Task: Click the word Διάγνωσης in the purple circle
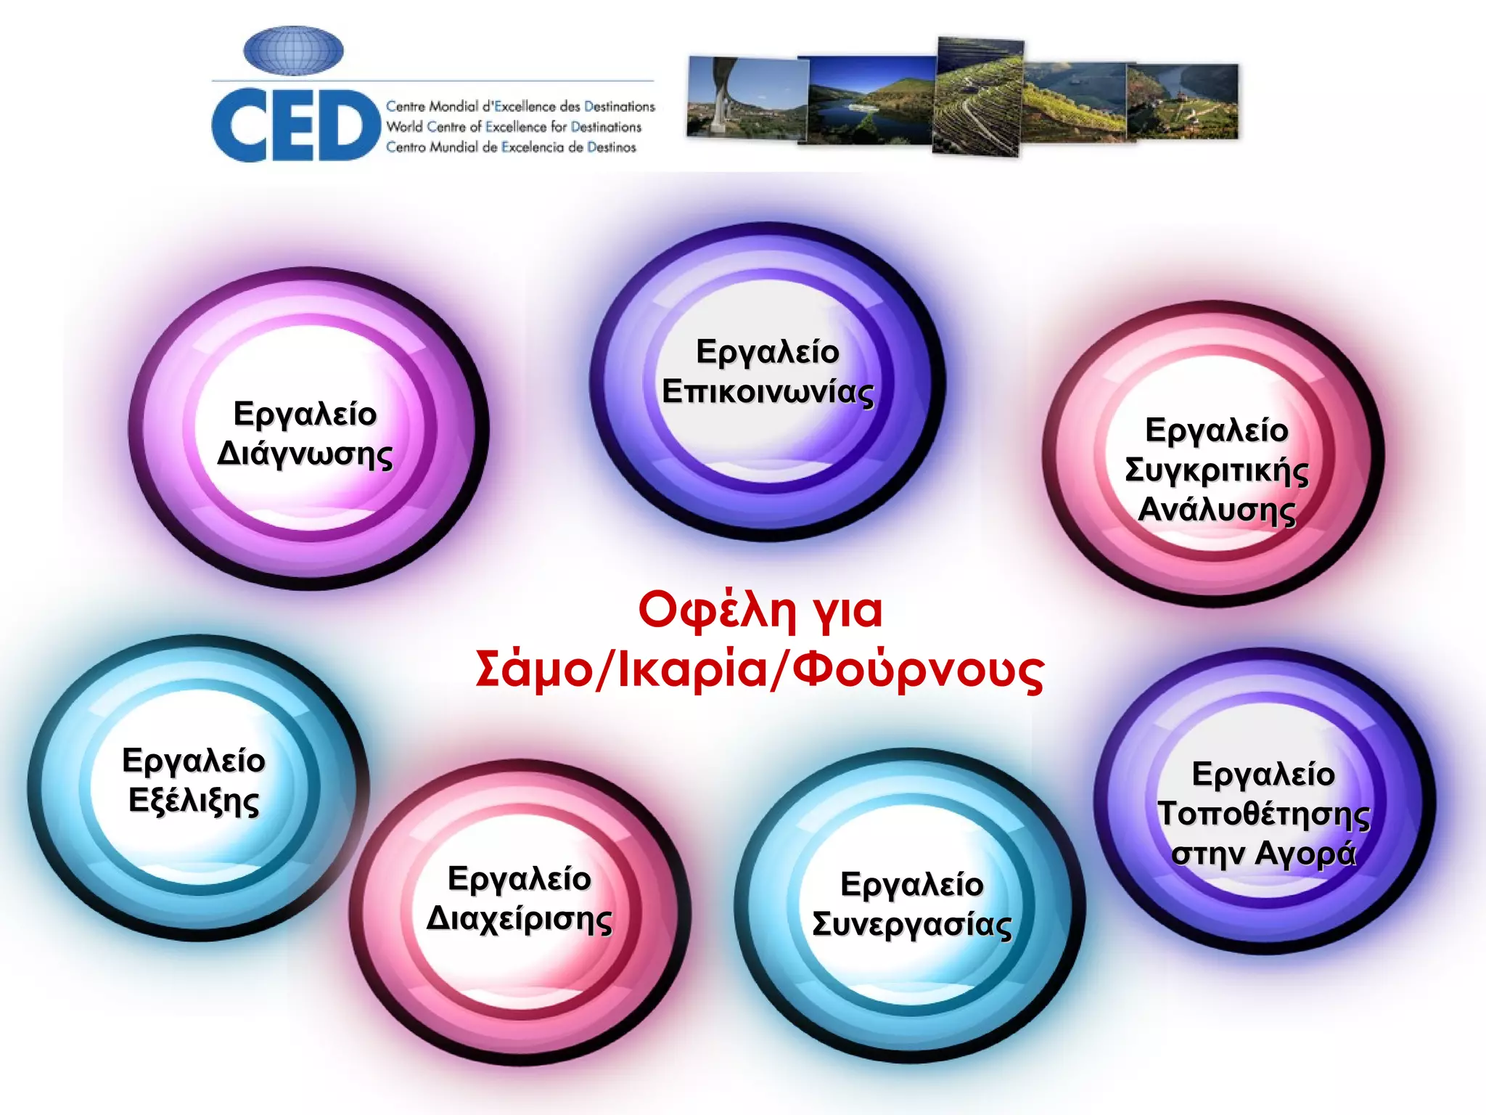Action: (305, 455)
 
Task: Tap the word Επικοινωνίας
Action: (768, 393)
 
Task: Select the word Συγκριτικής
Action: (1216, 470)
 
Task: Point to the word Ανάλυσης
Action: (1216, 510)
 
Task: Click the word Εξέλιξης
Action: (194, 801)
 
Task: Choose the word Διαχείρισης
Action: (519, 919)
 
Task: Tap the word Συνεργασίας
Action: (911, 925)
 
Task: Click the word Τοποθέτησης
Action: (1263, 814)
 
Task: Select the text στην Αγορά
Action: (1263, 854)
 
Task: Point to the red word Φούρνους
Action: (918, 669)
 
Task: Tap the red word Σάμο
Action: (533, 669)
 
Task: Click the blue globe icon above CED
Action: (293, 51)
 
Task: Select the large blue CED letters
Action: (296, 126)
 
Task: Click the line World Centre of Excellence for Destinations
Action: (514, 127)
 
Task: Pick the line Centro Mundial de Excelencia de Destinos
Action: (511, 147)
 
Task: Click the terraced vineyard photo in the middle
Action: (978, 96)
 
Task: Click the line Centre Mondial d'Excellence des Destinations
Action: (520, 107)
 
